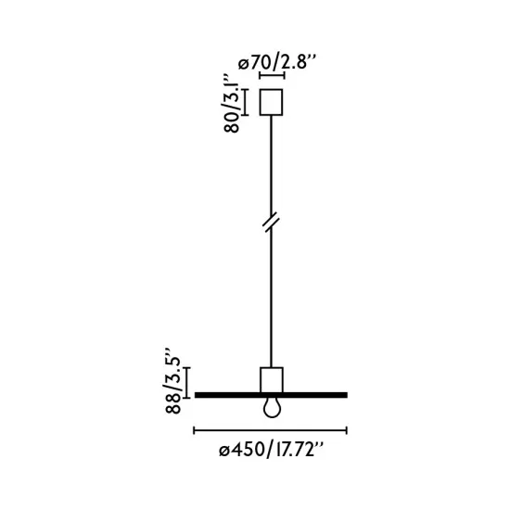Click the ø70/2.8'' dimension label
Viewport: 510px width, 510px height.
[x=277, y=62]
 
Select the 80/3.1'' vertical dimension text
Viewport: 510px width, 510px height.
[x=232, y=104]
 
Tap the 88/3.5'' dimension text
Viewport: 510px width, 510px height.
[x=172, y=386]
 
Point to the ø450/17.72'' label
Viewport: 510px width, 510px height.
[x=272, y=451]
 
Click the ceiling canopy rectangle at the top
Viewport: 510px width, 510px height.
[x=271, y=102]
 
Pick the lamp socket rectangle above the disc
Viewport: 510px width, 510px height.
[x=272, y=380]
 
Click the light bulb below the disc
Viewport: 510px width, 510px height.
[x=272, y=408]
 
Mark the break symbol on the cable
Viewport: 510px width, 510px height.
[x=271, y=223]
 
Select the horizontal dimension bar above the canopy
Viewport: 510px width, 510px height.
[x=272, y=75]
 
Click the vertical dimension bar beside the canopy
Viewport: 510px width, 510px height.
[x=245, y=102]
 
